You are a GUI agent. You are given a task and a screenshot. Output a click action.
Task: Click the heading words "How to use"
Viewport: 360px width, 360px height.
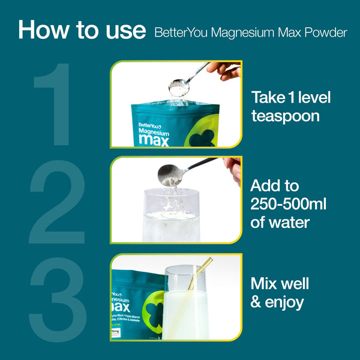82,30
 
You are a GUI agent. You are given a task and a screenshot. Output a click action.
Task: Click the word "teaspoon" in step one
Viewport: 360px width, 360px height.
285,115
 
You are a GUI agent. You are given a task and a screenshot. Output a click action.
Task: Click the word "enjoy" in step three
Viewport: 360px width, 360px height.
283,302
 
